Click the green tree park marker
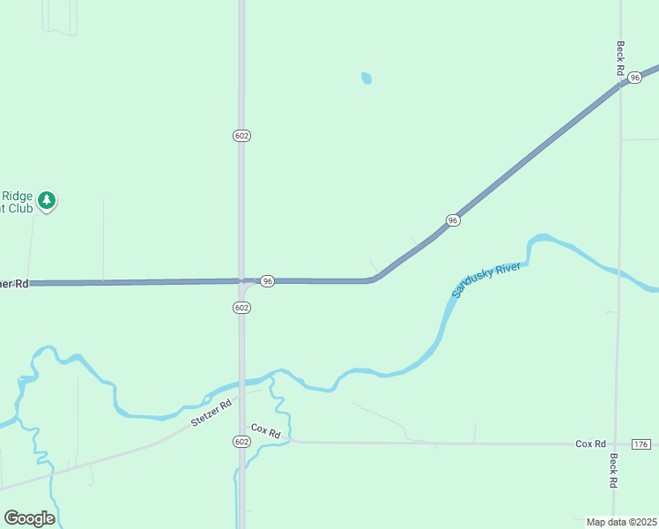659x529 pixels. click(x=48, y=201)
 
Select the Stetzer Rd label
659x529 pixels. click(x=211, y=413)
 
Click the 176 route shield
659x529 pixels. click(x=640, y=443)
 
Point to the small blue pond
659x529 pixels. click(x=367, y=78)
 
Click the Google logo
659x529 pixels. click(x=29, y=518)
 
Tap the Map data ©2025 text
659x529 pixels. click(x=621, y=521)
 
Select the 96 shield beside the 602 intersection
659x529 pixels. click(x=268, y=280)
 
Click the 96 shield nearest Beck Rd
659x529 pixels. click(x=634, y=78)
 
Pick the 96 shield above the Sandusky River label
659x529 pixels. click(x=452, y=220)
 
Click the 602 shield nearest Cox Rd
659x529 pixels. click(x=242, y=441)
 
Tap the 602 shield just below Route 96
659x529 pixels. click(x=242, y=307)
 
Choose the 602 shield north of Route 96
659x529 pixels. click(x=242, y=135)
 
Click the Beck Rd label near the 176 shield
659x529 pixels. click(x=613, y=472)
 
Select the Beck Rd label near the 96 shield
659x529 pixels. click(x=620, y=57)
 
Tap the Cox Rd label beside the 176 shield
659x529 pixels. click(x=590, y=443)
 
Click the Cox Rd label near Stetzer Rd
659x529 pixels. click(x=265, y=431)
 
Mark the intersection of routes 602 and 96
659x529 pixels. click(x=242, y=281)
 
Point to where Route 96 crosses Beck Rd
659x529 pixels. click(x=620, y=84)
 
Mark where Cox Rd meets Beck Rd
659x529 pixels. click(x=618, y=444)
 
